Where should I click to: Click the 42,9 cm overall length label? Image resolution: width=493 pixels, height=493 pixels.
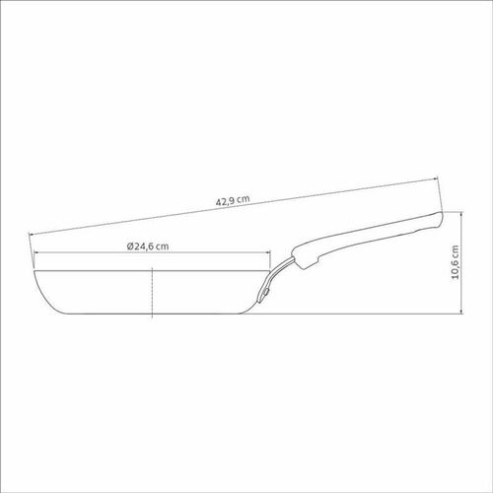tap(233, 200)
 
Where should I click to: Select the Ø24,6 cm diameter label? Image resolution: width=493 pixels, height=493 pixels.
tap(148, 246)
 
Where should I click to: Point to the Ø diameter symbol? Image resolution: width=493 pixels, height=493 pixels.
tap(130, 246)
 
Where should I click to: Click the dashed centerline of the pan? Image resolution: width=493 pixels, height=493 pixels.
tap(152, 293)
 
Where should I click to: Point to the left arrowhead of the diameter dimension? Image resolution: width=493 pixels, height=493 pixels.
tap(36, 252)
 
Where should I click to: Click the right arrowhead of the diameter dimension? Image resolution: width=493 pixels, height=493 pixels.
tap(268, 252)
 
